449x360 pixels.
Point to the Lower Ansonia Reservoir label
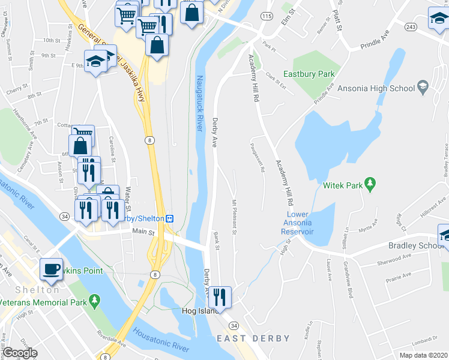(299, 223)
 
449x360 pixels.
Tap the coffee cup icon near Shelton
(52, 268)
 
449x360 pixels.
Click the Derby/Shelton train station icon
(170, 218)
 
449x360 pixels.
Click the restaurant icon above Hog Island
(220, 295)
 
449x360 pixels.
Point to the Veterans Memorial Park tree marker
(94, 299)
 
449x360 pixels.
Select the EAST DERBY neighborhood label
(253, 338)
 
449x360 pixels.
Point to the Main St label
(143, 231)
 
